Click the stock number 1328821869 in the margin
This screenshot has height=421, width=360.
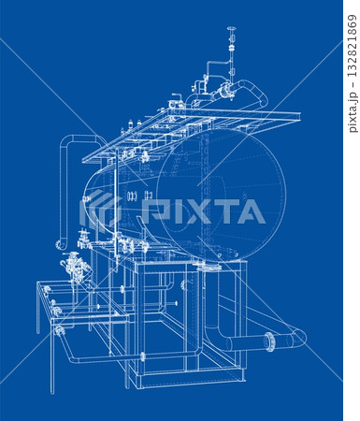pos(353,46)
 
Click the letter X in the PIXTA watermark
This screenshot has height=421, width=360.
pos(194,211)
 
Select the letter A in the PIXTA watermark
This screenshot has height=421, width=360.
pos(251,211)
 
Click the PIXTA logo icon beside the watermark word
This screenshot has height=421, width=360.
pos(100,211)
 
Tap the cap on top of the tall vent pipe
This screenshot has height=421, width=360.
pos(232,29)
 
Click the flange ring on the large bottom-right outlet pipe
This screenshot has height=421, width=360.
pos(270,342)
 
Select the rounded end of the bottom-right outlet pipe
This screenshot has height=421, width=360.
pos(300,338)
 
